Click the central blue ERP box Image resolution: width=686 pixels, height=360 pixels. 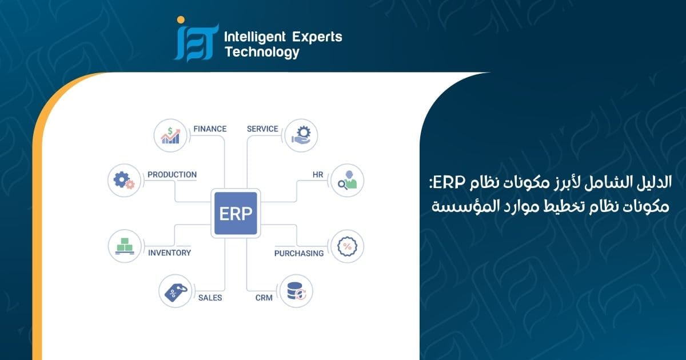(x=236, y=213)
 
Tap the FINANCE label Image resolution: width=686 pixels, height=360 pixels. (x=210, y=129)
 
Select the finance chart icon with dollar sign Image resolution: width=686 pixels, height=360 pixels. (x=170, y=135)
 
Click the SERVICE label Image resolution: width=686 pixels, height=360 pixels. (x=262, y=129)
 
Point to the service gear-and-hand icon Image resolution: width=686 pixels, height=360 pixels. (x=301, y=135)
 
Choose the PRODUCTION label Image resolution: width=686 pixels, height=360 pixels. (x=172, y=174)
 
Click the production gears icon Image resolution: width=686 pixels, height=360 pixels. (x=124, y=181)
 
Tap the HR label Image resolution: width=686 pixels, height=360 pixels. (x=318, y=174)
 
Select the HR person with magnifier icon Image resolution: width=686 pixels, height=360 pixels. (x=348, y=180)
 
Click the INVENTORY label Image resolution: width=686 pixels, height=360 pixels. (x=169, y=253)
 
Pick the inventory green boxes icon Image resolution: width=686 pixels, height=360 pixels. (x=125, y=246)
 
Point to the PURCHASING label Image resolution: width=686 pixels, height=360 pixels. (x=299, y=254)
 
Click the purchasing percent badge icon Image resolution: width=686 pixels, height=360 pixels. (x=348, y=246)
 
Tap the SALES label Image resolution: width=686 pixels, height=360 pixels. (x=210, y=298)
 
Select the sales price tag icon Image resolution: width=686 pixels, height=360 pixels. (x=176, y=292)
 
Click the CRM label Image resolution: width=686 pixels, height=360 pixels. (x=264, y=298)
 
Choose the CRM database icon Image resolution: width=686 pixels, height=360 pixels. (x=296, y=291)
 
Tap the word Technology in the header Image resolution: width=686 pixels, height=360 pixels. (x=262, y=52)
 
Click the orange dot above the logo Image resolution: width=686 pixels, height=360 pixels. (x=181, y=20)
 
